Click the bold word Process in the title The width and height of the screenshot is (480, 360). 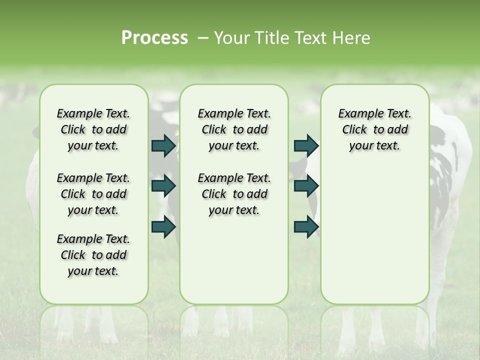pyautogui.click(x=154, y=38)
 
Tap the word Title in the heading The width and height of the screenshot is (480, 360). pyautogui.click(x=270, y=38)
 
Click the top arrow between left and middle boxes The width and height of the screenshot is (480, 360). pyautogui.click(x=163, y=146)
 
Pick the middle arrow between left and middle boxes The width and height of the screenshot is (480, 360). pyautogui.click(x=163, y=186)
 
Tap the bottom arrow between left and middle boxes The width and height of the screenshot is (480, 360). pyautogui.click(x=163, y=226)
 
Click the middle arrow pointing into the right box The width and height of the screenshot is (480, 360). pyautogui.click(x=306, y=186)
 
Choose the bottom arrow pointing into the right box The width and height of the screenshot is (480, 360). pyautogui.click(x=306, y=226)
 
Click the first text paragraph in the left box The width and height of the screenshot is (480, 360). pyautogui.click(x=93, y=129)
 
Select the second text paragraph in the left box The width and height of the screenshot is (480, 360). pyautogui.click(x=93, y=194)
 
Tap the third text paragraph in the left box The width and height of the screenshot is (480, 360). pyautogui.click(x=93, y=255)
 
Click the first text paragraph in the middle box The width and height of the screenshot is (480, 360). pyautogui.click(x=234, y=129)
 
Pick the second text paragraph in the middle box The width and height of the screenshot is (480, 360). pyautogui.click(x=234, y=194)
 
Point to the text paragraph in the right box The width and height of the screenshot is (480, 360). pyautogui.click(x=374, y=129)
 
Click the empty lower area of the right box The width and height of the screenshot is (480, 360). pyautogui.click(x=374, y=235)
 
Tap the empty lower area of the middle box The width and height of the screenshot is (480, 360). pyautogui.click(x=234, y=260)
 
